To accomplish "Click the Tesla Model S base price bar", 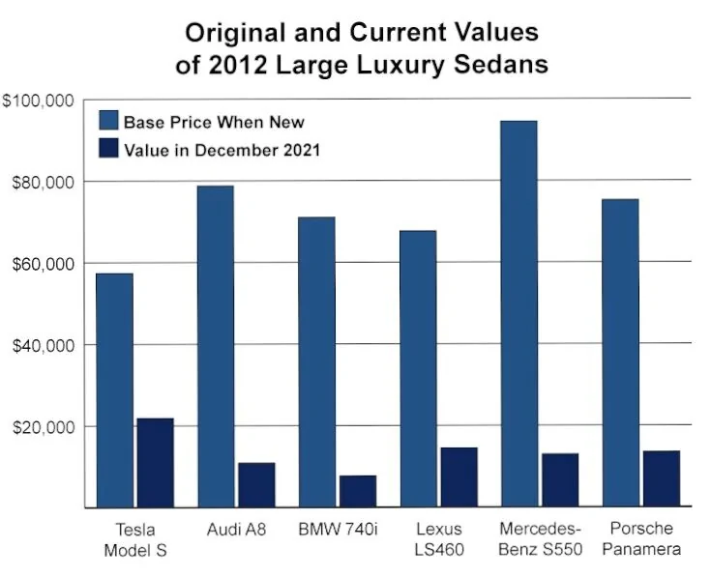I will tap(114, 389).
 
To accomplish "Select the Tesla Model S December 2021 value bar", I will tap(155, 462).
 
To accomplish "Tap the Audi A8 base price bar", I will tap(215, 346).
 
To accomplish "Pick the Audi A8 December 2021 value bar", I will tap(256, 484).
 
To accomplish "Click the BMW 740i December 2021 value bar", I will tap(357, 491).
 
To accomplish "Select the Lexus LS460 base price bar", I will tap(418, 368).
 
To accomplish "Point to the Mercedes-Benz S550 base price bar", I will tap(518, 313).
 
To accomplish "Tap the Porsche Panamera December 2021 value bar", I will tap(661, 478).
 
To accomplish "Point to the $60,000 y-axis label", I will tap(41, 264).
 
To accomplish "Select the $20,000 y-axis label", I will tap(41, 426).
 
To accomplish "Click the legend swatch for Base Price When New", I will tap(109, 122).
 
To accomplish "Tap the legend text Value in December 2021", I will tap(222, 150).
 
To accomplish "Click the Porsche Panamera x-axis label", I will tap(640, 539).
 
